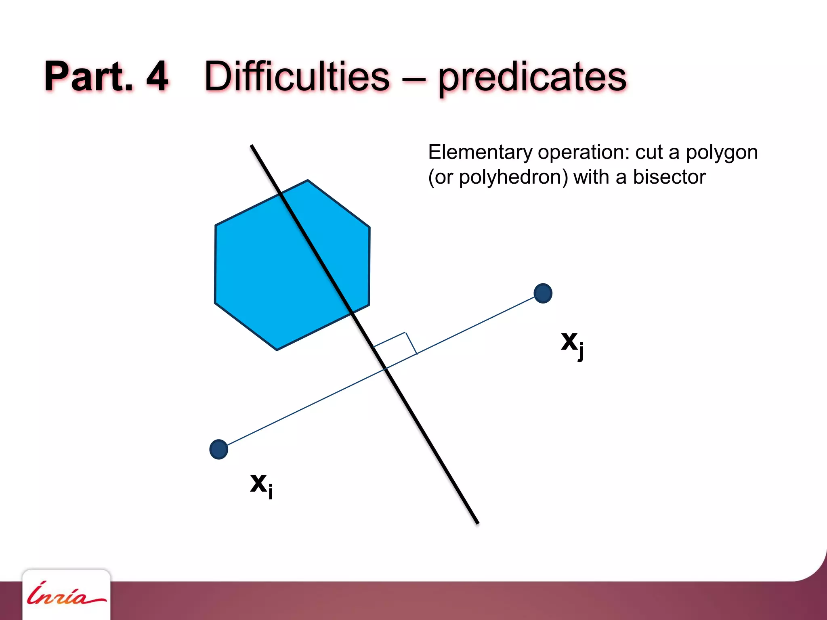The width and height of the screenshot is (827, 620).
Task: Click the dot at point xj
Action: coord(543,293)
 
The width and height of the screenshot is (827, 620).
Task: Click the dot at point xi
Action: coord(219,449)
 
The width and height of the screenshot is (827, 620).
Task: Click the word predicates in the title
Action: coord(532,77)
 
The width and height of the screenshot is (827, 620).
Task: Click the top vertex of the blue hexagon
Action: coord(308,180)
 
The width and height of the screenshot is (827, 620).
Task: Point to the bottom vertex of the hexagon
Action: coord(277,350)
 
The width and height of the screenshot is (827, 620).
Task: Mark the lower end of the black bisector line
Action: coord(478,523)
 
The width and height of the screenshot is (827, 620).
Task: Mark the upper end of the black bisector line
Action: coord(252,146)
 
